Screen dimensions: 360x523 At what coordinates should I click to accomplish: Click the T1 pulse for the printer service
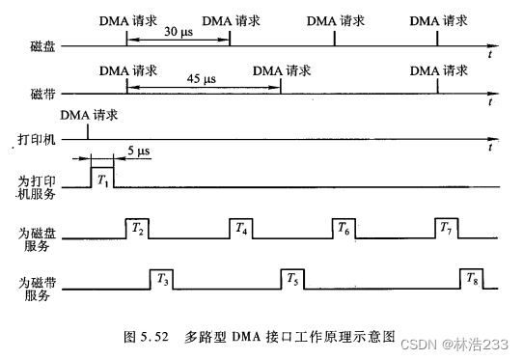coord(101,178)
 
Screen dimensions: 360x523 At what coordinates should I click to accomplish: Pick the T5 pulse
coord(292,280)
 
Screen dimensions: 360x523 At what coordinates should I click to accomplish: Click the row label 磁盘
coord(43,45)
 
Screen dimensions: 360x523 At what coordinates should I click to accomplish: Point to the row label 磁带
coord(43,96)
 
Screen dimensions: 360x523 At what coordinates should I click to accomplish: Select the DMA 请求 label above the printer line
coord(89,115)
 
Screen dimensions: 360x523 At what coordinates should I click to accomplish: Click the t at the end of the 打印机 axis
coord(491,149)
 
